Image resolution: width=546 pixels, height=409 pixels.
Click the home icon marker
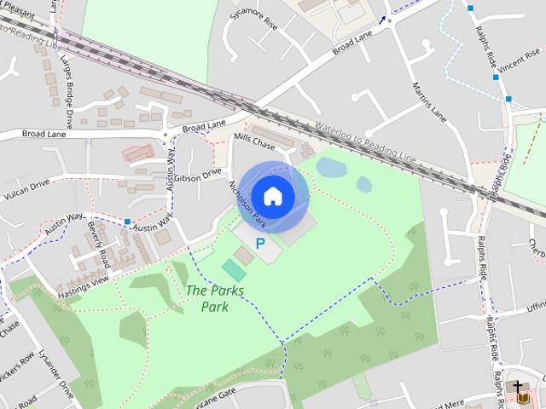pos(272,196)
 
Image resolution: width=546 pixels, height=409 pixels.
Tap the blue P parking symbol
pos(260,243)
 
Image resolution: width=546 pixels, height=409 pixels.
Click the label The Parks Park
pos(215,298)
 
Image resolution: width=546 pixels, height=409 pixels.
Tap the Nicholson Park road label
pos(247,204)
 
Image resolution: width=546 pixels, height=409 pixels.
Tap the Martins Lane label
pos(429,100)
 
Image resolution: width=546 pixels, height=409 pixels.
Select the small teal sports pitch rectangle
pos(233,270)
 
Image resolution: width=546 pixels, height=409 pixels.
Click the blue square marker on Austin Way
pos(127,222)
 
